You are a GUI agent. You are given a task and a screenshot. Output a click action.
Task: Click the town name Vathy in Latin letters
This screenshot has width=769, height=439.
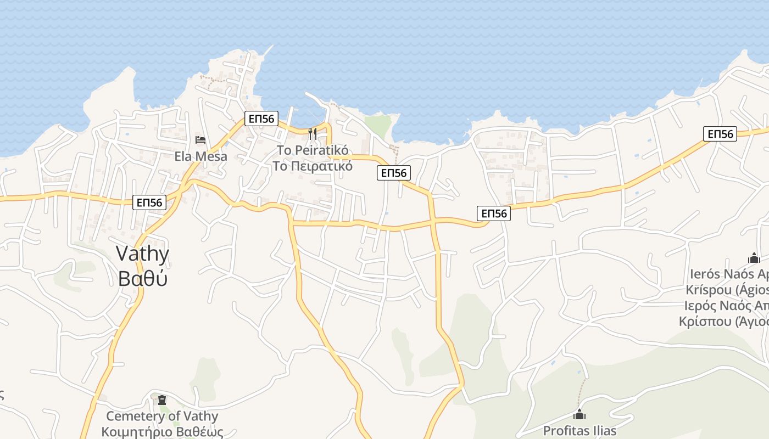point(142,254)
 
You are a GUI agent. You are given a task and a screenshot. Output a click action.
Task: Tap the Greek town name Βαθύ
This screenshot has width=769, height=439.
point(142,278)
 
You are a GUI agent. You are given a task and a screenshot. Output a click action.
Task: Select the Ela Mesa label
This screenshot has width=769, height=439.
point(200,156)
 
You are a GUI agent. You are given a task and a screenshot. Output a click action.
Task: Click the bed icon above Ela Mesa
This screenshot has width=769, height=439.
point(200,140)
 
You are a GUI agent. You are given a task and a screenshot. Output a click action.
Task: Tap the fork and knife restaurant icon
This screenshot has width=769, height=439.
point(313,133)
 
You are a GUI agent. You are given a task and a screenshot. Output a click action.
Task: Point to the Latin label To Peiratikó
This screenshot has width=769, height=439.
point(313,150)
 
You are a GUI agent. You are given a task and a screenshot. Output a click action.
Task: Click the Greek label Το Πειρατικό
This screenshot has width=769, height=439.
point(313,166)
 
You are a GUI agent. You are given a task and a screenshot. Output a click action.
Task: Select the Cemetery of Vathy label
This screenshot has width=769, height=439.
point(162,416)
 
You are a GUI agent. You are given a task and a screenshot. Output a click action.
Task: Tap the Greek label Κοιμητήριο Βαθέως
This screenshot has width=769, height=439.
point(162,431)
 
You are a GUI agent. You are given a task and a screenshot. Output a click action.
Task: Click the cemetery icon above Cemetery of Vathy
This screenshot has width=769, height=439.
point(161,400)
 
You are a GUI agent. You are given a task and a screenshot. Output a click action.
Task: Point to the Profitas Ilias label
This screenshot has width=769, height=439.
point(579,430)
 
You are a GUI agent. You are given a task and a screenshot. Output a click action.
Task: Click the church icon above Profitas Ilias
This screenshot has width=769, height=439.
point(579,414)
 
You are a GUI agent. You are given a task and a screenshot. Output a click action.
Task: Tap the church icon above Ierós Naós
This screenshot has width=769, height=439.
point(754,257)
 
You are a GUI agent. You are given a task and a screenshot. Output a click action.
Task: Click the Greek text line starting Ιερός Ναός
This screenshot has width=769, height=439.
point(725,306)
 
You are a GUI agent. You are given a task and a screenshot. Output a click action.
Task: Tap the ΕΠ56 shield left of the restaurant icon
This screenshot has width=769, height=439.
point(261,118)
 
